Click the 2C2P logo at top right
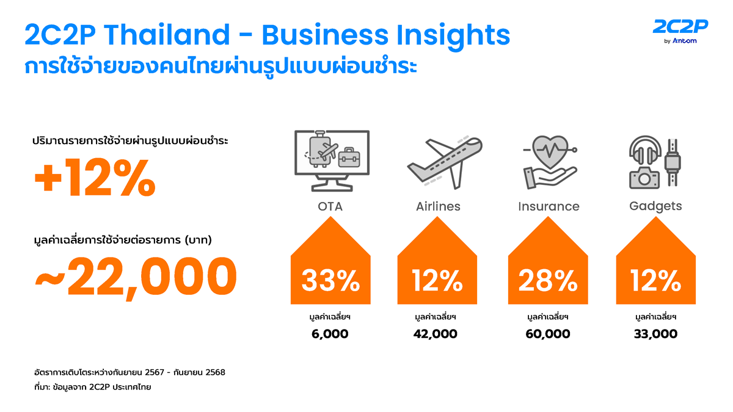click(680, 31)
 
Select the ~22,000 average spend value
click(135, 275)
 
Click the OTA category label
click(330, 206)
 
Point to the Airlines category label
click(438, 206)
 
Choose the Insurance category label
click(549, 206)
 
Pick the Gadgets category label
click(655, 206)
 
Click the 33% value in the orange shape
click(330, 281)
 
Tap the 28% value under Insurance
click(548, 281)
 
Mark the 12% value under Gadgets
click(656, 281)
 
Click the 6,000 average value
click(330, 334)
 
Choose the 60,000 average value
click(548, 334)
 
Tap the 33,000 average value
click(656, 334)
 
